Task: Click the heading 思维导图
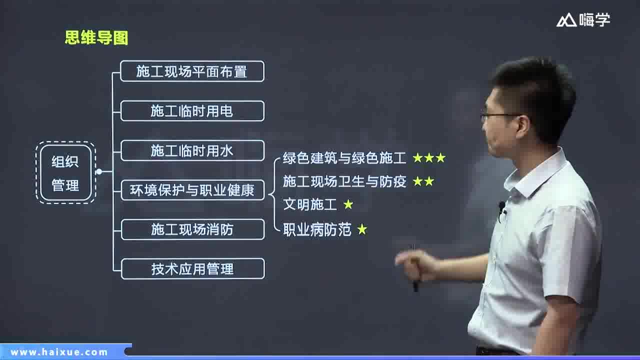tap(96, 37)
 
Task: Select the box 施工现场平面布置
tap(192, 71)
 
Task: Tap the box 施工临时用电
tap(192, 111)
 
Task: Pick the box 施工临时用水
tap(192, 150)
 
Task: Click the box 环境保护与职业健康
tap(192, 190)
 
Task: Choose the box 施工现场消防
tap(192, 229)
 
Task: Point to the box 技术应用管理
tap(192, 269)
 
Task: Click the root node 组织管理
tap(65, 172)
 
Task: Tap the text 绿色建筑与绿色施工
tap(344, 158)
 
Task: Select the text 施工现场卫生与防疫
tap(344, 181)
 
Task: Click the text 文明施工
tap(310, 204)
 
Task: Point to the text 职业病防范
tap(317, 230)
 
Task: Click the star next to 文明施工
tap(348, 204)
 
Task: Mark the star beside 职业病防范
tap(362, 230)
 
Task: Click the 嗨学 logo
tap(583, 20)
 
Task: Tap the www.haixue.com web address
tap(59, 352)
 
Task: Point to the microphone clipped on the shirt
tap(501, 206)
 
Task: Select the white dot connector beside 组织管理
tap(99, 171)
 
